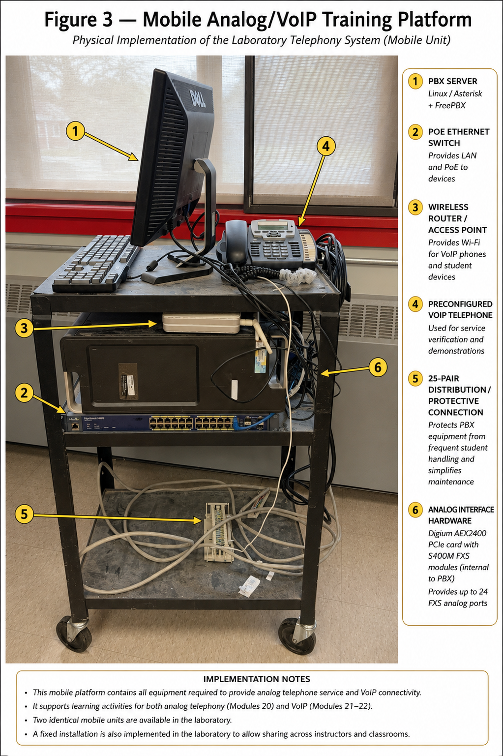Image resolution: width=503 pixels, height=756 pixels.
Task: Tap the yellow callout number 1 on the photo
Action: click(x=75, y=131)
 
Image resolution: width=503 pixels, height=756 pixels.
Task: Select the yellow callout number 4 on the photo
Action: click(x=325, y=146)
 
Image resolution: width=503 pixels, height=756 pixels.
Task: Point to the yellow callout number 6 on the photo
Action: click(x=378, y=367)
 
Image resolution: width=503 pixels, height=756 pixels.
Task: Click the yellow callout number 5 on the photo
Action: click(x=24, y=514)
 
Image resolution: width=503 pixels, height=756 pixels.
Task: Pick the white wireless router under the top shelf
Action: click(x=202, y=323)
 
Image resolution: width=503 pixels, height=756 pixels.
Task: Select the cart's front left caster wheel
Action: click(x=74, y=635)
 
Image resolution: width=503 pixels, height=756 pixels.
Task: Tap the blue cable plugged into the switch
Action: click(x=253, y=422)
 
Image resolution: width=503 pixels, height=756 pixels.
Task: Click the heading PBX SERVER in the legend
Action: click(x=452, y=81)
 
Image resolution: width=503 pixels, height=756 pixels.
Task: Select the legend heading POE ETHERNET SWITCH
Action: click(x=458, y=137)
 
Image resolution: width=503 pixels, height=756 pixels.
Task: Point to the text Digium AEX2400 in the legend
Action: click(x=457, y=533)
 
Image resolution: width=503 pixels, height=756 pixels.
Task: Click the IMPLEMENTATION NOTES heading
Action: click(x=256, y=679)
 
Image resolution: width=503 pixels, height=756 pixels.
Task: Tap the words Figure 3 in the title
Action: click(x=78, y=19)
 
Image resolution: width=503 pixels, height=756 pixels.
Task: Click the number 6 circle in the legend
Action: click(x=415, y=510)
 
